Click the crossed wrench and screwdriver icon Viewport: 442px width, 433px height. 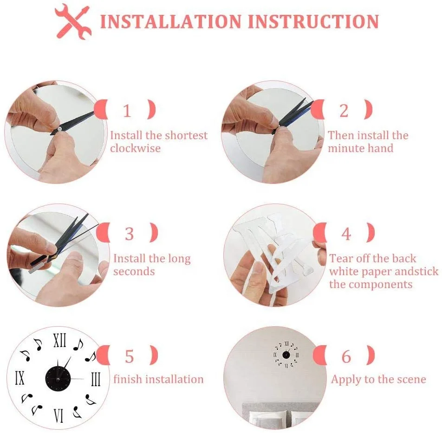(73, 21)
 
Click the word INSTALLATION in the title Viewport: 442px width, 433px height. (171, 21)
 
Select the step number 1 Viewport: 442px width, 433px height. (127, 111)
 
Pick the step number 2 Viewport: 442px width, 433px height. (344, 111)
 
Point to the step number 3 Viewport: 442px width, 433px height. (130, 234)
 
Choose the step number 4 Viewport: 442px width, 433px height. (346, 234)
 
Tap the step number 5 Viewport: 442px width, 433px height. (130, 356)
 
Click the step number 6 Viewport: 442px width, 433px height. (346, 356)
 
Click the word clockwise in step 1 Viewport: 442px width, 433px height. (135, 148)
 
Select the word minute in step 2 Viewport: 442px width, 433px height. (346, 148)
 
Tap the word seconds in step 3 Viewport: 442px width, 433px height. (134, 272)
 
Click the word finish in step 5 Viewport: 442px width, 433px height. (127, 379)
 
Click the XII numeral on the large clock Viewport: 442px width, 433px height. (60, 340)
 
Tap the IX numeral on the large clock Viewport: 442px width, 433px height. (19, 378)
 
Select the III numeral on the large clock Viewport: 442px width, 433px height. (96, 379)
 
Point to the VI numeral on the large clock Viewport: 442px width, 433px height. (58, 416)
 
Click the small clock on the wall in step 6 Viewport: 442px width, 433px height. (286, 355)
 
